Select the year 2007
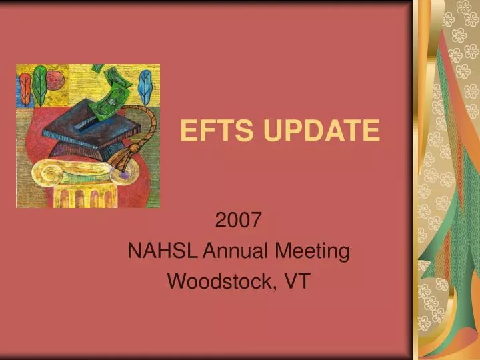[x=238, y=220]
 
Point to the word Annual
[x=232, y=251]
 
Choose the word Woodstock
[x=219, y=281]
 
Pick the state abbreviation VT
[x=297, y=281]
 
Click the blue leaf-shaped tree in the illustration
[x=145, y=89]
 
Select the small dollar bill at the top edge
[x=98, y=68]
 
